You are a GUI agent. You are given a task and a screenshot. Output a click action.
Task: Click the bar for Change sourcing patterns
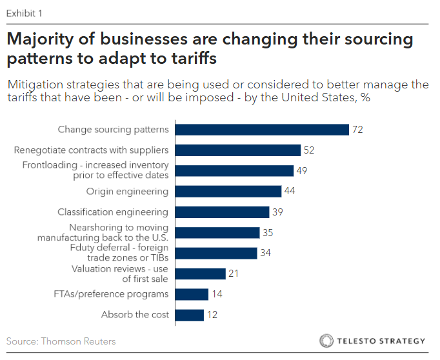(262, 130)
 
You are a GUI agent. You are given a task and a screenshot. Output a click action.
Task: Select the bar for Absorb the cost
(190, 315)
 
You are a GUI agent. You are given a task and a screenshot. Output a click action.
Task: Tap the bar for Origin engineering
(228, 192)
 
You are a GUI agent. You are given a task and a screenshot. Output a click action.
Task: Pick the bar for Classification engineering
(222, 212)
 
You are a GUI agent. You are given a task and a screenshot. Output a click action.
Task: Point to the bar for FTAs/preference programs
(192, 294)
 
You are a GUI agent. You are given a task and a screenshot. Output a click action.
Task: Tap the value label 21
(234, 274)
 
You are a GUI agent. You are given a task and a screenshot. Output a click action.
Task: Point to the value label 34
(266, 253)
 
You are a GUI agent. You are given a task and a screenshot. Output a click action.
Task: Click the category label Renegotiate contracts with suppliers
(92, 150)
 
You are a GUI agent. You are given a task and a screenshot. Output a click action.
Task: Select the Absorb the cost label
(135, 315)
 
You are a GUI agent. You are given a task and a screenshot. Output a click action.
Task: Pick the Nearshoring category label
(119, 232)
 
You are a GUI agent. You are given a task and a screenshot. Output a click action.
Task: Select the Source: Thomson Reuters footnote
(61, 341)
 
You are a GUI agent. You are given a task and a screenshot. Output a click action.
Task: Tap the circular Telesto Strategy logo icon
(326, 341)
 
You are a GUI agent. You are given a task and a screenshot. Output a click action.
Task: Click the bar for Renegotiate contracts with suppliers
(238, 150)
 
